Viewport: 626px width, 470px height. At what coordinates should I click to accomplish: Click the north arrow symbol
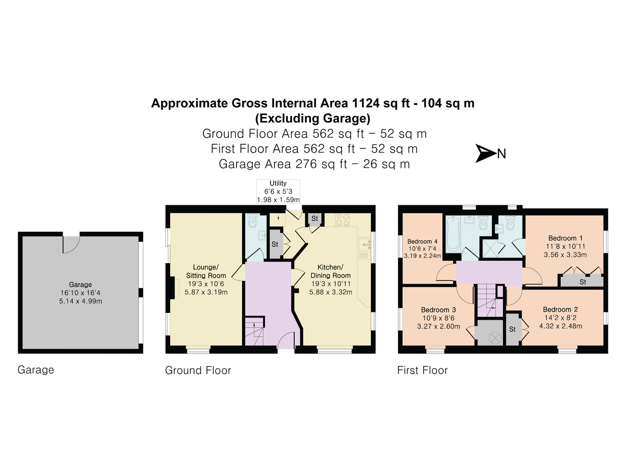click(485, 153)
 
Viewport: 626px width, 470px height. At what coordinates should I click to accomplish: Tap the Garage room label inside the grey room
click(80, 284)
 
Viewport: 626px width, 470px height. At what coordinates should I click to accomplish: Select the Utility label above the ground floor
click(278, 183)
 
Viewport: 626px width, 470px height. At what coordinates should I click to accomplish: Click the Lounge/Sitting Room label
click(206, 271)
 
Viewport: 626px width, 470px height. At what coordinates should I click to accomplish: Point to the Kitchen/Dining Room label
click(331, 271)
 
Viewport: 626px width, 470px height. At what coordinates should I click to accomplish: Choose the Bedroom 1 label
click(565, 238)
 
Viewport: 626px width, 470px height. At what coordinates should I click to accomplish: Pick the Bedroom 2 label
click(560, 309)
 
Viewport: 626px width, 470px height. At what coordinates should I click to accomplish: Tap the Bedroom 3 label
click(438, 310)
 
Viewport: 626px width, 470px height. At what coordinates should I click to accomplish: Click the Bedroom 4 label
click(423, 241)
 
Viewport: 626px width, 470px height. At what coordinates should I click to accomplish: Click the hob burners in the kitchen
click(342, 219)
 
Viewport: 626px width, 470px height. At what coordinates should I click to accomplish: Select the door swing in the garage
click(71, 244)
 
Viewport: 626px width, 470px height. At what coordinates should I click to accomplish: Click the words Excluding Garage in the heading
click(313, 118)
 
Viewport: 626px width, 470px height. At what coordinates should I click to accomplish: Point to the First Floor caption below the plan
click(423, 370)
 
